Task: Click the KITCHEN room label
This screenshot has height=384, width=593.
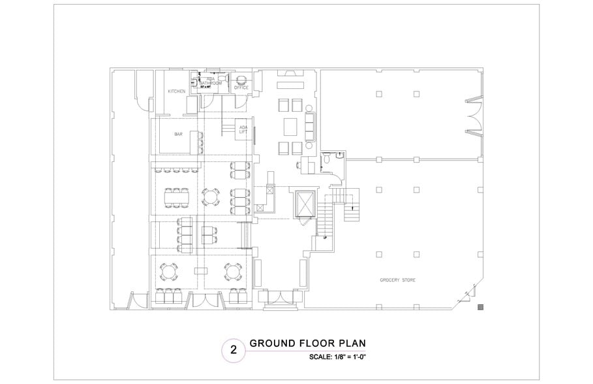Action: click(x=177, y=91)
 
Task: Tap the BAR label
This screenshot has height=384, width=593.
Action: click(x=178, y=135)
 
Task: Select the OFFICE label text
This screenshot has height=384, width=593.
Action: click(x=241, y=88)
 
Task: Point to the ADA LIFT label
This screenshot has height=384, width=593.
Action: click(x=243, y=129)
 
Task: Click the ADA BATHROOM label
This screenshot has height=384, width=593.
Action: click(x=211, y=82)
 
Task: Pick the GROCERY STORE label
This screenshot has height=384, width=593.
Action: click(x=398, y=280)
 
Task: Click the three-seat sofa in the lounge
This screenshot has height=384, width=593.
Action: click(x=310, y=123)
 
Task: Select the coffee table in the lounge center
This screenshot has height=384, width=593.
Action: click(x=290, y=124)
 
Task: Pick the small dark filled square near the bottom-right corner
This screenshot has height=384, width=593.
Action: click(x=481, y=306)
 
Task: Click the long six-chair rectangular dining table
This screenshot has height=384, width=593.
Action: click(x=174, y=195)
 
